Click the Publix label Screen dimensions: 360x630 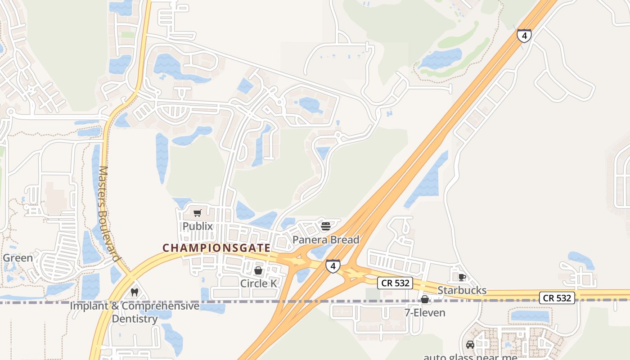pos(198,226)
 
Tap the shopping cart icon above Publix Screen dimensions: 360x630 pos(198,213)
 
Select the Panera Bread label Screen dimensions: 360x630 pos(326,240)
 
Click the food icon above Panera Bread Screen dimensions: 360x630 pos(326,226)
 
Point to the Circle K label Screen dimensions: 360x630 pos(258,283)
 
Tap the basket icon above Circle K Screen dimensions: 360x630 pos(258,270)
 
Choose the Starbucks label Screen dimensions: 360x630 pos(462,290)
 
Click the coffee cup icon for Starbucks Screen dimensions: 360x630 pos(462,277)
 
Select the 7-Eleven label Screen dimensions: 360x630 pos(425,312)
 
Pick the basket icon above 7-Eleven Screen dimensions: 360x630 pos(425,299)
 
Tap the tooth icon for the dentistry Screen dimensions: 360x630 pos(134,292)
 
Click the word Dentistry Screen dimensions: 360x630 pos(135,319)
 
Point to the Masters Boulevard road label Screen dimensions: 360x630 pos(108,214)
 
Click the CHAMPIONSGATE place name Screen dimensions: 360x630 pos(216,248)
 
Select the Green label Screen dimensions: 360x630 pos(18,258)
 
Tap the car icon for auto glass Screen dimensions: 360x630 pos(470,345)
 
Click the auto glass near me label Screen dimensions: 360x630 pos(470,357)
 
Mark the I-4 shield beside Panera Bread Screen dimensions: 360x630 pos(333,266)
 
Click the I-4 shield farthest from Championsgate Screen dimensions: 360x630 pos(524,36)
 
